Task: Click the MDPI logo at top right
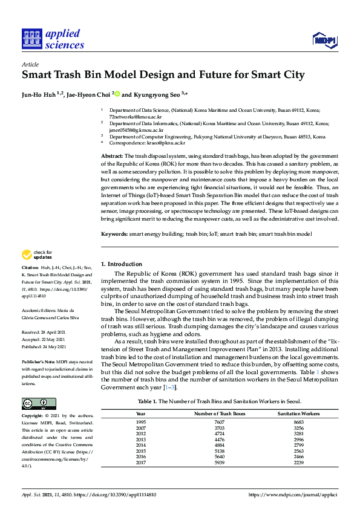tap(324, 40)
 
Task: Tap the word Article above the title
tap(30, 63)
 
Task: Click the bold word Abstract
tap(113, 156)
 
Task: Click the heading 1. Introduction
tap(122, 264)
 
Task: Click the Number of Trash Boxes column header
tap(219, 413)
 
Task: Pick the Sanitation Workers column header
tap(298, 413)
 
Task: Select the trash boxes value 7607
tap(219, 422)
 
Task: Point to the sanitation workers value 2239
tap(298, 462)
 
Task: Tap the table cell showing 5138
tap(219, 451)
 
